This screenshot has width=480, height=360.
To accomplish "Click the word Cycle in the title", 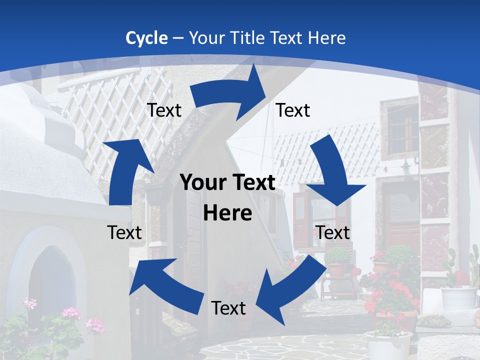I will coord(146,38).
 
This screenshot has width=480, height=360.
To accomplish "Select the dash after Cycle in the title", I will coord(177,38).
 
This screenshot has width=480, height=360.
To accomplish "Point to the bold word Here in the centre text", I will coord(227,213).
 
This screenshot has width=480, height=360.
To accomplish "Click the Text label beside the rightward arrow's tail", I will coord(164,110).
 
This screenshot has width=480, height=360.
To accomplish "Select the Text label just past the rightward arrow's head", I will coord(293,110).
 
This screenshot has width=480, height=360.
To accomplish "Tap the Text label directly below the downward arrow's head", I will coord(333,232).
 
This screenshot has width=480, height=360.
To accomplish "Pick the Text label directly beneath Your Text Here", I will coord(228,308).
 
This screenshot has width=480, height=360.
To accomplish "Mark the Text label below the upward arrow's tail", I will coord(124,232).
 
